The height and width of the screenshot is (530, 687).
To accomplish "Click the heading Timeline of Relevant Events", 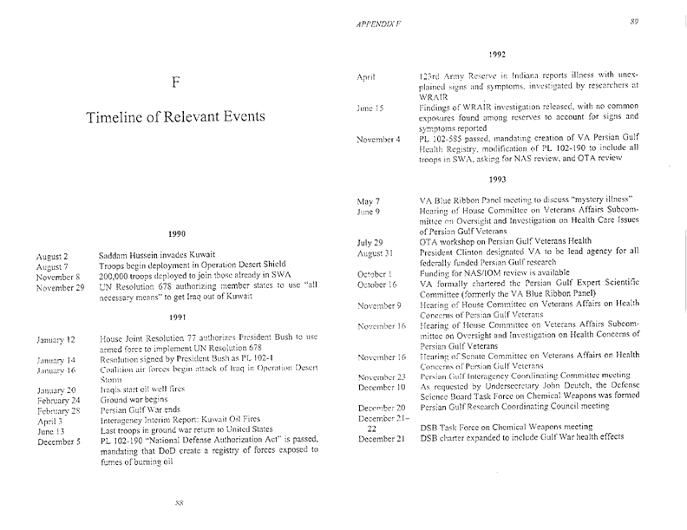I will point(175,121).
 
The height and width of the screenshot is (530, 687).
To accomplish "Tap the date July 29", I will point(370,242).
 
